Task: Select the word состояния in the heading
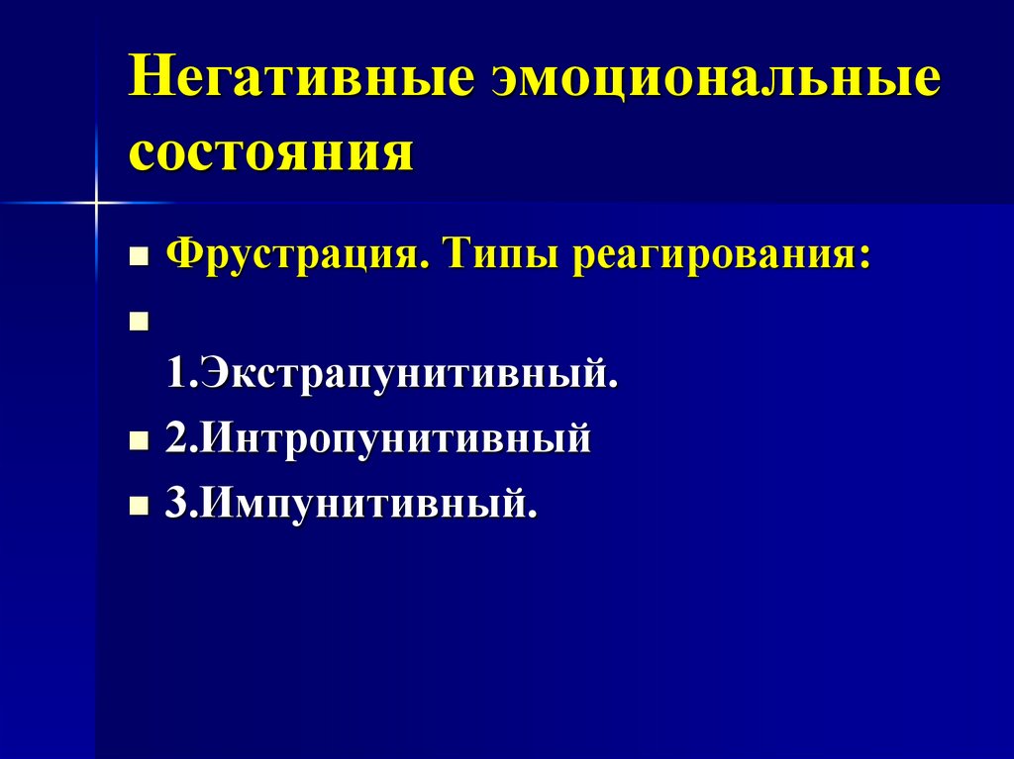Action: coord(269,153)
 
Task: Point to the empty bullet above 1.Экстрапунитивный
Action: coord(138,322)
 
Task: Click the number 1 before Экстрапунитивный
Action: coord(175,375)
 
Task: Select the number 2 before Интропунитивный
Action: coord(175,438)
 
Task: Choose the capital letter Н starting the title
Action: coord(148,80)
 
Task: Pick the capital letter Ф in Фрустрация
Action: coord(181,255)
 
